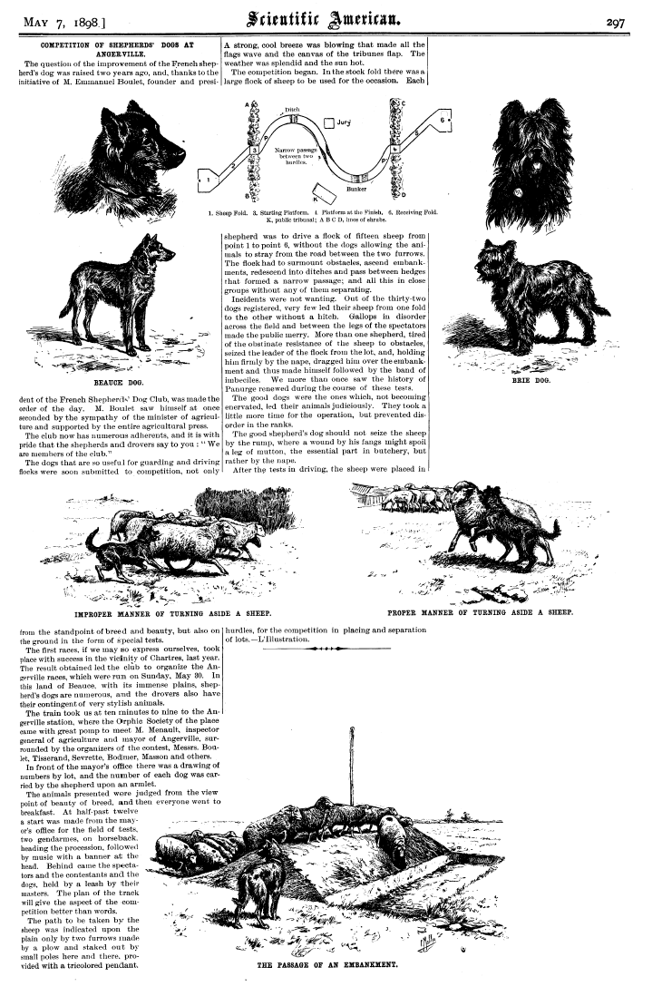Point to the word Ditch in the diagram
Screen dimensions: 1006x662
pos(292,110)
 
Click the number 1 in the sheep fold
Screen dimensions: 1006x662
pos(209,181)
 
